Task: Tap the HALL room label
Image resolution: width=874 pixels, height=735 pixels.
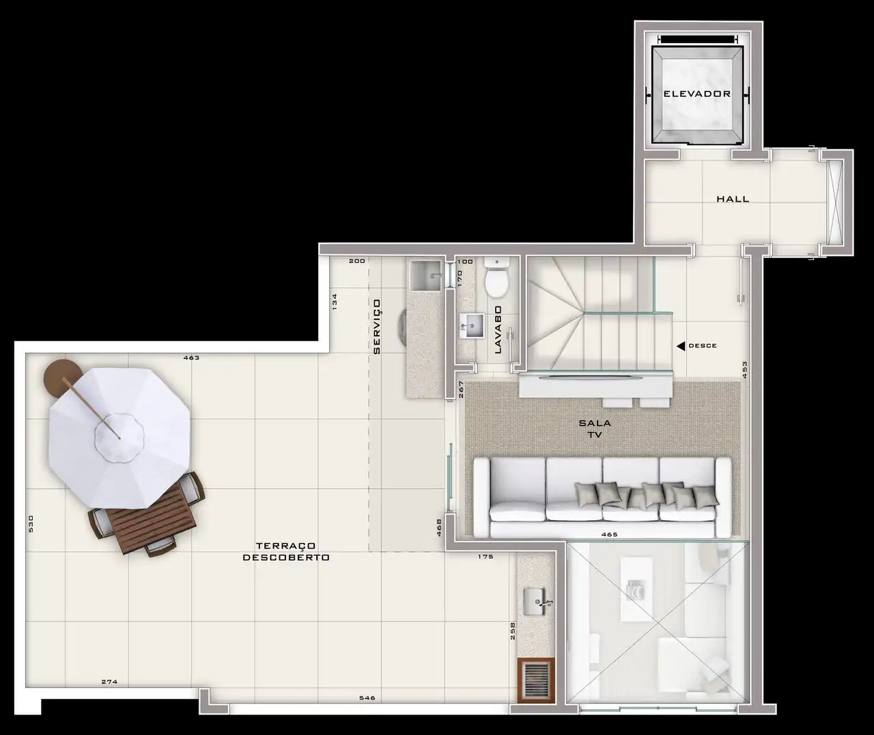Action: [x=733, y=199]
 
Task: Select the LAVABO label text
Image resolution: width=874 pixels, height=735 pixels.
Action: [x=498, y=330]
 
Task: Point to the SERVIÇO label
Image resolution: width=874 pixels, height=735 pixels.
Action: [x=377, y=327]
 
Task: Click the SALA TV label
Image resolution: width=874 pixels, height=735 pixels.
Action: [x=595, y=429]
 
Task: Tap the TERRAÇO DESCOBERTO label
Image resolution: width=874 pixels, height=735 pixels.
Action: [x=286, y=551]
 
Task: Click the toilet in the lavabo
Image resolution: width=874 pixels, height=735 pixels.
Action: [x=497, y=277]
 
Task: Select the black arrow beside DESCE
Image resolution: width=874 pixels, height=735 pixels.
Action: [x=681, y=346]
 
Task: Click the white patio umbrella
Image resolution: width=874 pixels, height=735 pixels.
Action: [x=119, y=437]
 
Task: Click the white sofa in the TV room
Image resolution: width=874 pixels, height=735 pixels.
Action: [x=602, y=497]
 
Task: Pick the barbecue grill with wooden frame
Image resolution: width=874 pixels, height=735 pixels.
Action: [x=536, y=680]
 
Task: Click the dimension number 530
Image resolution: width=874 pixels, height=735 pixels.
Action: [x=30, y=523]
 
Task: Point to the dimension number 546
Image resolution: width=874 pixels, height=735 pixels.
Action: [x=367, y=697]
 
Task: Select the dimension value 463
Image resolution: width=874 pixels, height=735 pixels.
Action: [x=191, y=358]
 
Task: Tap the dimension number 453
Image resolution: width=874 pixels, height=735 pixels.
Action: [x=745, y=370]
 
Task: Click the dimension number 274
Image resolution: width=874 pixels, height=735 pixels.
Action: [x=109, y=682]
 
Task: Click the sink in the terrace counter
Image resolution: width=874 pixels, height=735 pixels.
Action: [x=535, y=601]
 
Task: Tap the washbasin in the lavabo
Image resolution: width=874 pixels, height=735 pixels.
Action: [x=471, y=326]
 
